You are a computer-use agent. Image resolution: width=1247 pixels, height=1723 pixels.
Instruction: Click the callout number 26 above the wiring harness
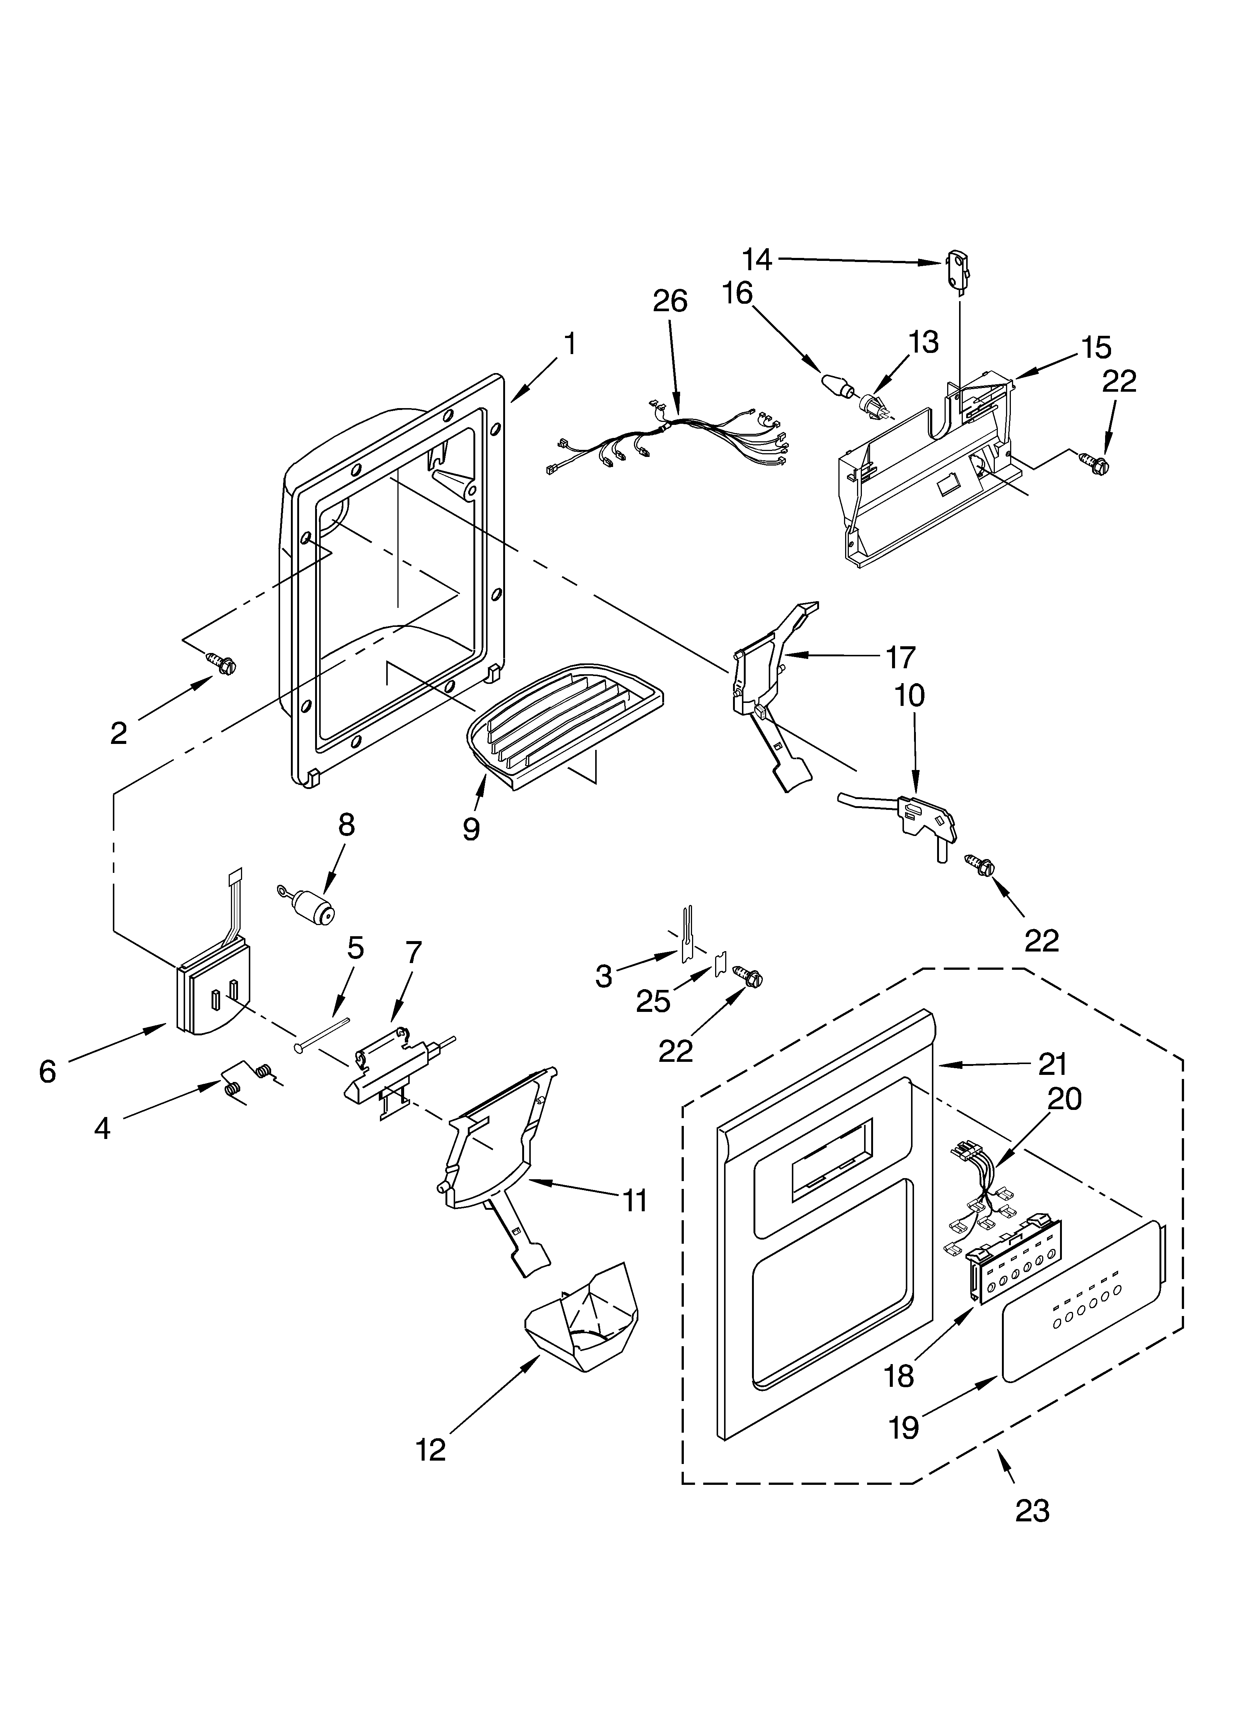[x=670, y=302]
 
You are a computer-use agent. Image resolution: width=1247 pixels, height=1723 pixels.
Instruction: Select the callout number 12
[x=431, y=1450]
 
